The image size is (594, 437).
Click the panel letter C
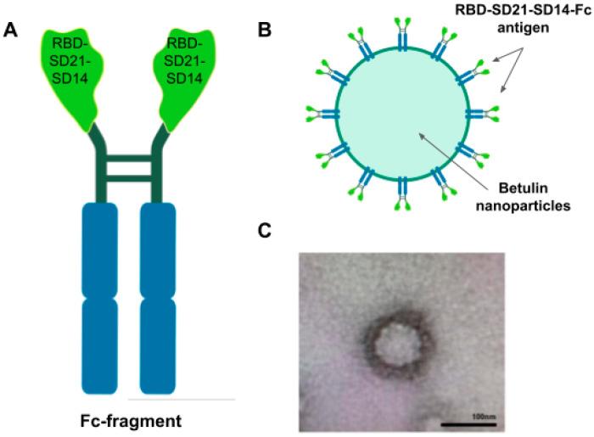click(265, 229)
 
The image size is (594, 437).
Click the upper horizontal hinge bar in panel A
click(128, 156)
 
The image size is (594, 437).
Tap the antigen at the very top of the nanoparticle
click(400, 33)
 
